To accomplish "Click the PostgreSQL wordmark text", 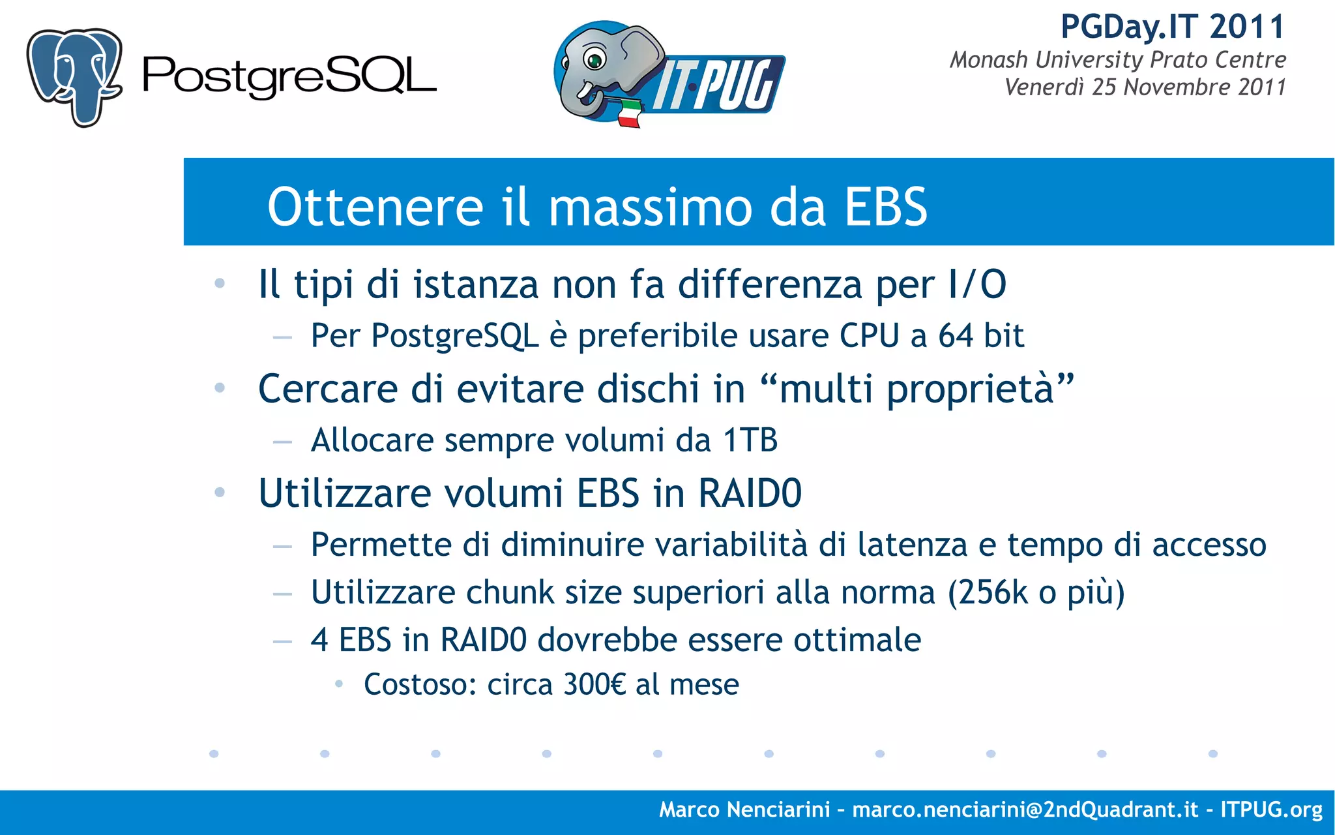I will (289, 78).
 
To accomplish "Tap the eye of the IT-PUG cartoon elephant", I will (594, 61).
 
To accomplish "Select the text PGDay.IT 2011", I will (1172, 27).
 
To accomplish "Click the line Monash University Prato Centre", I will (1117, 60).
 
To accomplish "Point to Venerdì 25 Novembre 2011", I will (1145, 87).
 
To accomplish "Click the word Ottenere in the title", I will (375, 207).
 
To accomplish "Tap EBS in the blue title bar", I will (885, 207).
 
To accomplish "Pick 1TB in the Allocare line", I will (750, 440).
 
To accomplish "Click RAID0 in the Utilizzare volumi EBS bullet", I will (750, 493).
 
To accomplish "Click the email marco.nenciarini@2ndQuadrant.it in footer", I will (1025, 810).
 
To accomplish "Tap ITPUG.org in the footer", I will (1271, 810).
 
